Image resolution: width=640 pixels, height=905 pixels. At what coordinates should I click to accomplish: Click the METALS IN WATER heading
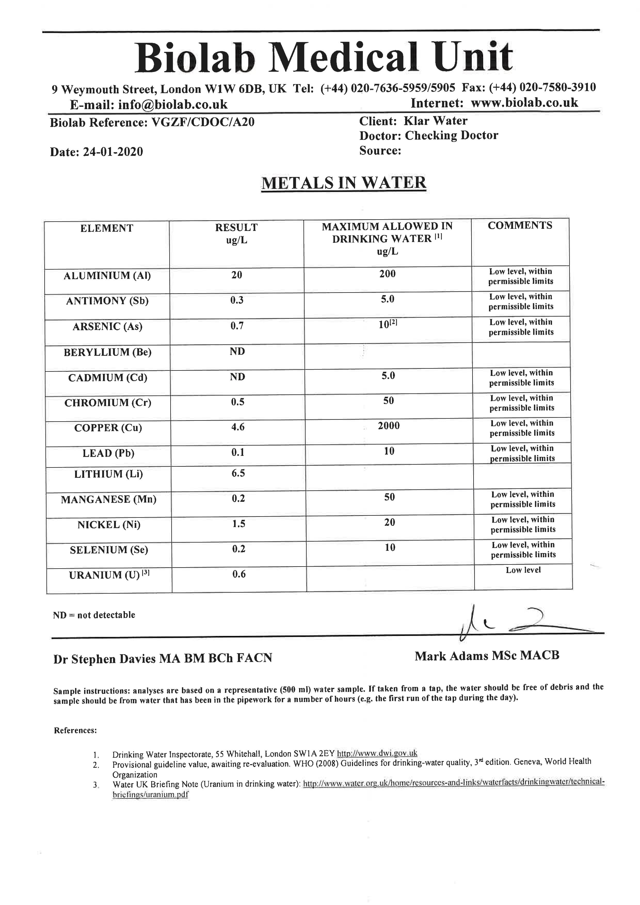click(x=343, y=183)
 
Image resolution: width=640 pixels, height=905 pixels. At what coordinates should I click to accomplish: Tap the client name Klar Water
click(x=435, y=121)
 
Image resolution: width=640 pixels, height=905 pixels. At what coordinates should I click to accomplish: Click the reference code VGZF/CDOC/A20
click(x=203, y=122)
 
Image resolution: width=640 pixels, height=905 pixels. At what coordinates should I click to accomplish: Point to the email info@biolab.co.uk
click(x=173, y=104)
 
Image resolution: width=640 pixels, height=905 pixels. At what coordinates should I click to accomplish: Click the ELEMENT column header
click(x=107, y=228)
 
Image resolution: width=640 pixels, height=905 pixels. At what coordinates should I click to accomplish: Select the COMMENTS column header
click(x=520, y=225)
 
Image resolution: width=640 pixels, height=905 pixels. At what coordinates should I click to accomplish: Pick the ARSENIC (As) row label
click(x=107, y=326)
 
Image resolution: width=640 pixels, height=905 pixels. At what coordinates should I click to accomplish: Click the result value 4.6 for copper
click(x=238, y=427)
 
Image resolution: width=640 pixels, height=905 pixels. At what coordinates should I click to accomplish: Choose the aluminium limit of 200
click(x=387, y=274)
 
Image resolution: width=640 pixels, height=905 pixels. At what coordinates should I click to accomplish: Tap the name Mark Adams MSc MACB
click(x=487, y=656)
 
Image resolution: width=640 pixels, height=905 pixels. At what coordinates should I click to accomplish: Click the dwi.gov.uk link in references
click(x=377, y=753)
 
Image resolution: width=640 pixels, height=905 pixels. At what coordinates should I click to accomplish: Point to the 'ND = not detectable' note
click(x=94, y=615)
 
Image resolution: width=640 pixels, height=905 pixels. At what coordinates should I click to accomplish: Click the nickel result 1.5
click(x=238, y=523)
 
